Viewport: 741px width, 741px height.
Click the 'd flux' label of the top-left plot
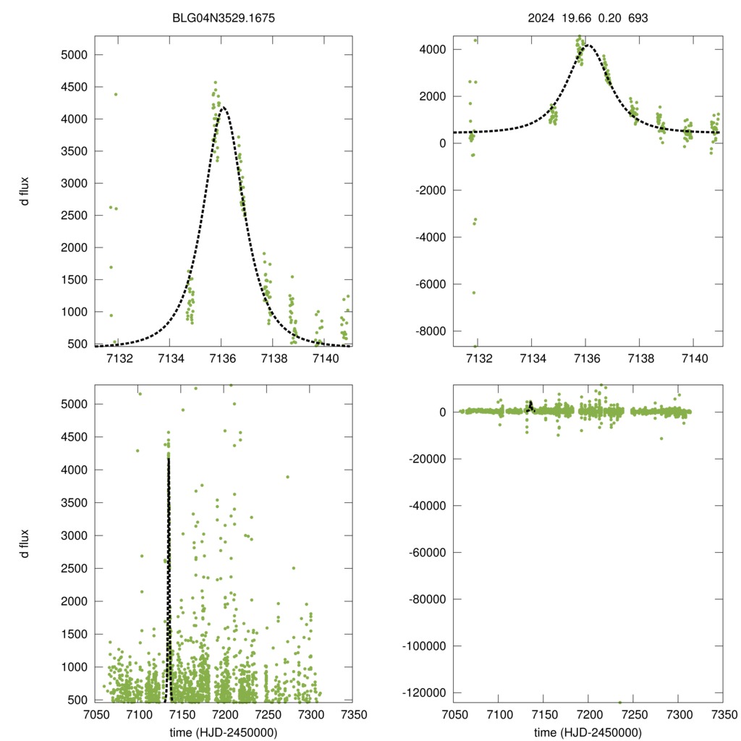coord(25,191)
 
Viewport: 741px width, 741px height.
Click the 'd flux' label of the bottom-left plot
coord(25,543)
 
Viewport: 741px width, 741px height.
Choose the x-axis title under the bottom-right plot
coord(588,732)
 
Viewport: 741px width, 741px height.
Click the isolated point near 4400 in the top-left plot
coord(116,94)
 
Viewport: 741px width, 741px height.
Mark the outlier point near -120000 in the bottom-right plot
coord(620,702)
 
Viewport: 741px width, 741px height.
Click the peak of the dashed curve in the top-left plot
coord(223,107)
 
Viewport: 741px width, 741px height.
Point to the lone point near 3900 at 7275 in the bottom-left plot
coord(287,476)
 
